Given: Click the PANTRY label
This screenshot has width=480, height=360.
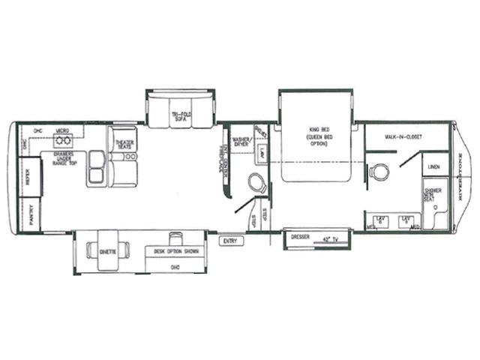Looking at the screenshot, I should coord(32,212).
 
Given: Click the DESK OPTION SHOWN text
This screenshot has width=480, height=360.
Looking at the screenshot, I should coord(176,251).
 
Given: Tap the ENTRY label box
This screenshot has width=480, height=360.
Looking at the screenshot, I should coord(229,241).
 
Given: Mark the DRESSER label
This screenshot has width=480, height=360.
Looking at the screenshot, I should coord(301,236).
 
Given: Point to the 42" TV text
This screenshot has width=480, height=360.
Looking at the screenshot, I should coord(328,239).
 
